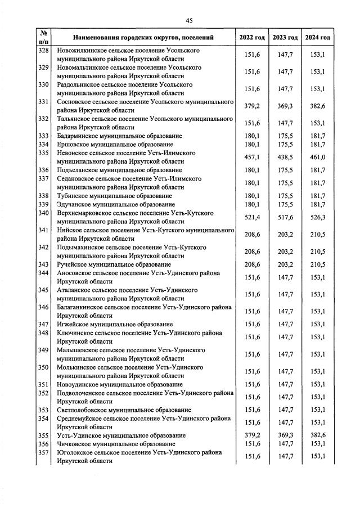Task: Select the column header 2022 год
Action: [252, 38]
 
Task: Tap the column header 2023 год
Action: [285, 38]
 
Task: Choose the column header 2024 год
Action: [318, 38]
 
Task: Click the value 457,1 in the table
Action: [252, 157]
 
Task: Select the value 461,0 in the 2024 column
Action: [318, 157]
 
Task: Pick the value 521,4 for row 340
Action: [252, 217]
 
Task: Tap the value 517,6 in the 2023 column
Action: [285, 217]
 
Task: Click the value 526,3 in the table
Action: [318, 217]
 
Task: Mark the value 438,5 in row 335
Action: [285, 157]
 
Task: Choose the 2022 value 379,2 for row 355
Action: [252, 435]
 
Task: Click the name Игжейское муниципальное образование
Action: [115, 325]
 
